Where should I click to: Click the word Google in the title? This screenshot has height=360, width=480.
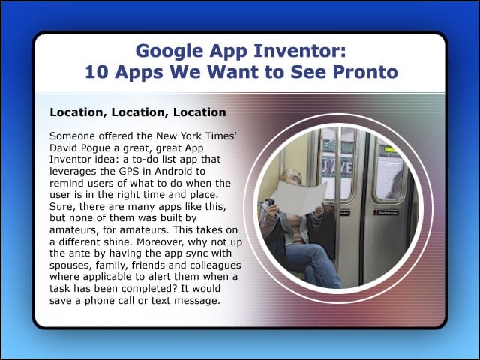pyautogui.click(x=169, y=51)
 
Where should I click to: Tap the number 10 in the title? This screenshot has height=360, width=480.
pyautogui.click(x=97, y=72)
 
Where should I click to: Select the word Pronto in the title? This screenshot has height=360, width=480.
pyautogui.click(x=365, y=72)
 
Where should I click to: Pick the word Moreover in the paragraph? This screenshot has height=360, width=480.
pyautogui.click(x=160, y=241)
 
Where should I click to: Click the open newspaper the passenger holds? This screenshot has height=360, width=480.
pyautogui.click(x=300, y=197)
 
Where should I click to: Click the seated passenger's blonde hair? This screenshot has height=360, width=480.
pyautogui.click(x=291, y=175)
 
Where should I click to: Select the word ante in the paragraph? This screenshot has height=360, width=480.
pyautogui.click(x=87, y=253)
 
